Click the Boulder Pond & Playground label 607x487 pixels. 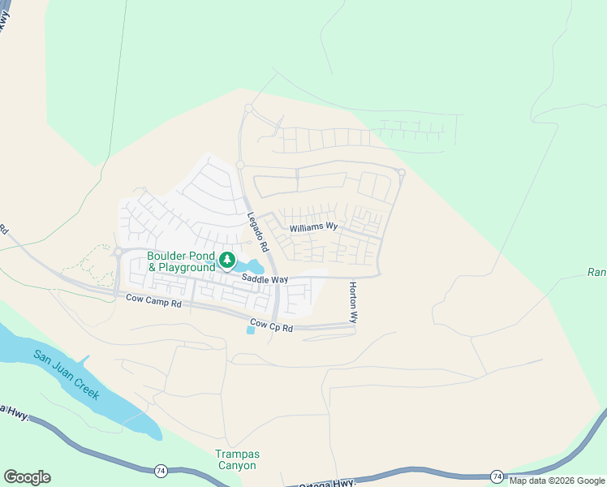coord(181,261)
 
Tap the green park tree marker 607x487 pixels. coord(228,261)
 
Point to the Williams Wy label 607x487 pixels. coord(313,226)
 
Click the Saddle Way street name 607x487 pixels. coord(265,279)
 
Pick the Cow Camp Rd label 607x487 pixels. coord(154,300)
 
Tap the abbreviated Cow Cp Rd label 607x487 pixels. coord(272,324)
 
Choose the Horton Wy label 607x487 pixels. coord(353,302)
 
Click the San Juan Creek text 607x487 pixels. coord(67,374)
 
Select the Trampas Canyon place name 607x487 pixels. coord(236,459)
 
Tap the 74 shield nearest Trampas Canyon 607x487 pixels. coord(161,470)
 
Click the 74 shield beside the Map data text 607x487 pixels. coord(497,476)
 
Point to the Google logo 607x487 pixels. coord(27,477)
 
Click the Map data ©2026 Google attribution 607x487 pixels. coord(557,481)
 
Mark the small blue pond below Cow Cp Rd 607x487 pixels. coord(250,330)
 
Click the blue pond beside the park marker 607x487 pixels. coord(253,266)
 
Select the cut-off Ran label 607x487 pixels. coord(596,273)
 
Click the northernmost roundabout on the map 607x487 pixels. coord(248,108)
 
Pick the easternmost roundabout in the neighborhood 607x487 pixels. coord(401,172)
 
